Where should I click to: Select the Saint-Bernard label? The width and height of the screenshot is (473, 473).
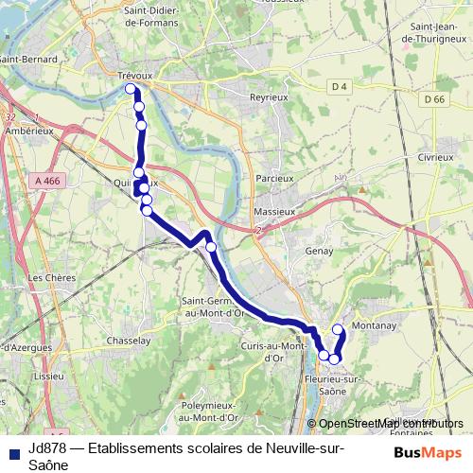[28, 59]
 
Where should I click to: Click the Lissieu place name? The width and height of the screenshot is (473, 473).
[47, 376]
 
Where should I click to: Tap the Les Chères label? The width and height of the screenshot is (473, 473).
[48, 278]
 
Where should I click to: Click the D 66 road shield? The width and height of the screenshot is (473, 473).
[434, 99]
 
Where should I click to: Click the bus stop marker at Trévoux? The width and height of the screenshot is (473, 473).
[131, 89]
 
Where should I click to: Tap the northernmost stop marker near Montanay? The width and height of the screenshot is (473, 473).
[338, 329]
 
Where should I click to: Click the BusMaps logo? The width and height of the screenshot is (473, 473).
[428, 452]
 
